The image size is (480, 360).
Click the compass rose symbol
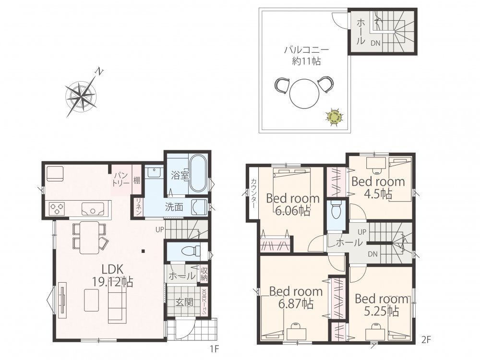81,95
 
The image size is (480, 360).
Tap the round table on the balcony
304,93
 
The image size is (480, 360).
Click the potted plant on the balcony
334,117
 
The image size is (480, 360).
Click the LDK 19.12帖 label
113,276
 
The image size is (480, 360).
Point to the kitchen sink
93,209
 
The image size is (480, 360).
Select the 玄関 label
184,302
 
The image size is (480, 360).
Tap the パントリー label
121,180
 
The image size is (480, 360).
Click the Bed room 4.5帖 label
378,188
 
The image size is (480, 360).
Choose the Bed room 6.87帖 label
296,298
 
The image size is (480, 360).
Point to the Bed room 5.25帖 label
382,305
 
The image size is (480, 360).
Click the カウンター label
254,193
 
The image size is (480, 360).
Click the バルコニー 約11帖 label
306,55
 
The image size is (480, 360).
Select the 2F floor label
426,339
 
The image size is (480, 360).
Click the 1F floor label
215,348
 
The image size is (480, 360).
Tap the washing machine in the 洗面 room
199,207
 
